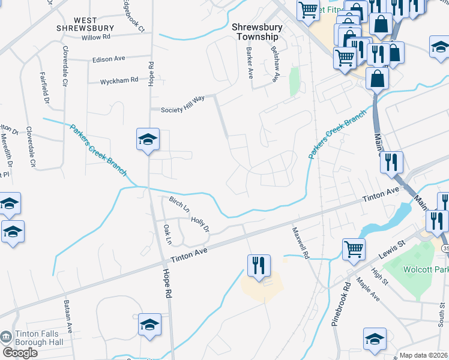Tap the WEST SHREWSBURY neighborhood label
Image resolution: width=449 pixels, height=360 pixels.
click(x=85, y=24)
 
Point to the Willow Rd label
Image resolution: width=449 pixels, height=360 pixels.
click(x=97, y=37)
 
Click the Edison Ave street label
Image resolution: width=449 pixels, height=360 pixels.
click(x=108, y=59)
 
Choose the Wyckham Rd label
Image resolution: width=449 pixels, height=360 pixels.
click(x=119, y=80)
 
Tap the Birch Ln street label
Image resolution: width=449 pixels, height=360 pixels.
click(x=179, y=204)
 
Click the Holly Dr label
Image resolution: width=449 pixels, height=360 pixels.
click(x=200, y=224)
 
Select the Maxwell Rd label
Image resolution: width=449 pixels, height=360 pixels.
click(x=300, y=242)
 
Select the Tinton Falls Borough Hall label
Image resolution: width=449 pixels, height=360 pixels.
click(x=35, y=338)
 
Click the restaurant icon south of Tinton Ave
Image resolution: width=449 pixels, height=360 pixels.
click(x=259, y=265)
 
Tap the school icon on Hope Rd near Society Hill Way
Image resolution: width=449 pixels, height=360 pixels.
click(x=148, y=140)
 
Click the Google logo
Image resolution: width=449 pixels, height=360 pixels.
click(x=20, y=353)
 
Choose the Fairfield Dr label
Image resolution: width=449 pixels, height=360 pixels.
click(x=45, y=89)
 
